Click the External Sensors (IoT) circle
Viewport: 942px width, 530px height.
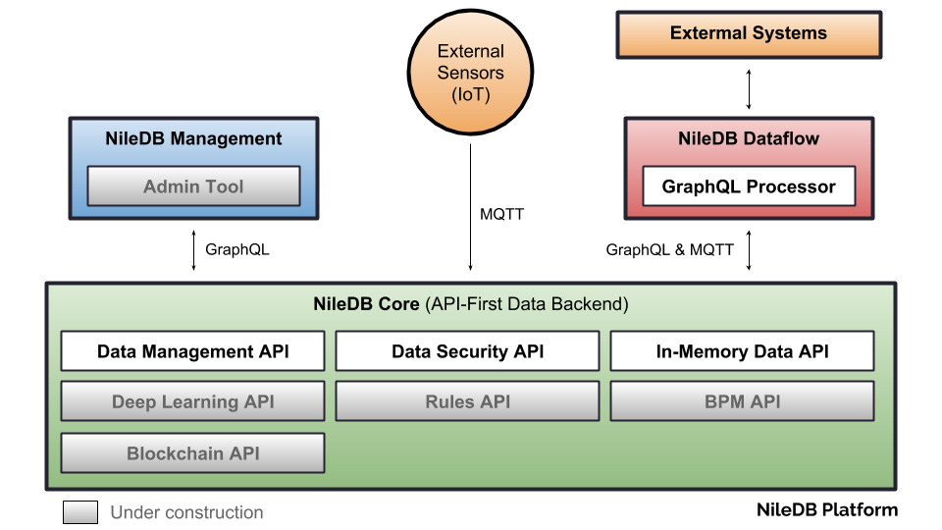pyautogui.click(x=470, y=74)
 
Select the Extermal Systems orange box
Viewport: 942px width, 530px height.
pyautogui.click(x=748, y=33)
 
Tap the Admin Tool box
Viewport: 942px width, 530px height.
pyautogui.click(x=193, y=186)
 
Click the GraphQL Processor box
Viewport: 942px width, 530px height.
pyautogui.click(x=749, y=186)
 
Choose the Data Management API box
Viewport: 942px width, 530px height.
pyautogui.click(x=193, y=351)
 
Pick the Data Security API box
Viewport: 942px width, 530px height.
pyautogui.click(x=467, y=351)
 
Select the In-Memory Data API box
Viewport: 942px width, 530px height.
pyautogui.click(x=742, y=351)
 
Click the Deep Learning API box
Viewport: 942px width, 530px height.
pyautogui.click(x=193, y=401)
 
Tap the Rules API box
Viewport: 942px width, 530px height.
pyautogui.click(x=467, y=401)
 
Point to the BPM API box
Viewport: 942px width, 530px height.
pyautogui.click(x=742, y=401)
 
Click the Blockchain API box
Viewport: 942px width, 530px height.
pyautogui.click(x=193, y=453)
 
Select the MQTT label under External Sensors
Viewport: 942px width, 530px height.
pyautogui.click(x=501, y=214)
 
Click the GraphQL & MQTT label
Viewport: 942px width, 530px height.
pyautogui.click(x=669, y=249)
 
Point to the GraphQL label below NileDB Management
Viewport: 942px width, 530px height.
pyautogui.click(x=236, y=249)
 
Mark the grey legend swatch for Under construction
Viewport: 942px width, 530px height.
pyautogui.click(x=80, y=512)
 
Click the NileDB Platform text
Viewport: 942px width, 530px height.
pyautogui.click(x=826, y=509)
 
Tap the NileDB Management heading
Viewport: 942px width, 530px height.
pyautogui.click(x=193, y=138)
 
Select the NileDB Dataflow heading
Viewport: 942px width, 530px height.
pyautogui.click(x=749, y=138)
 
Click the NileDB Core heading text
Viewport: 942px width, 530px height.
pyautogui.click(x=367, y=304)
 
